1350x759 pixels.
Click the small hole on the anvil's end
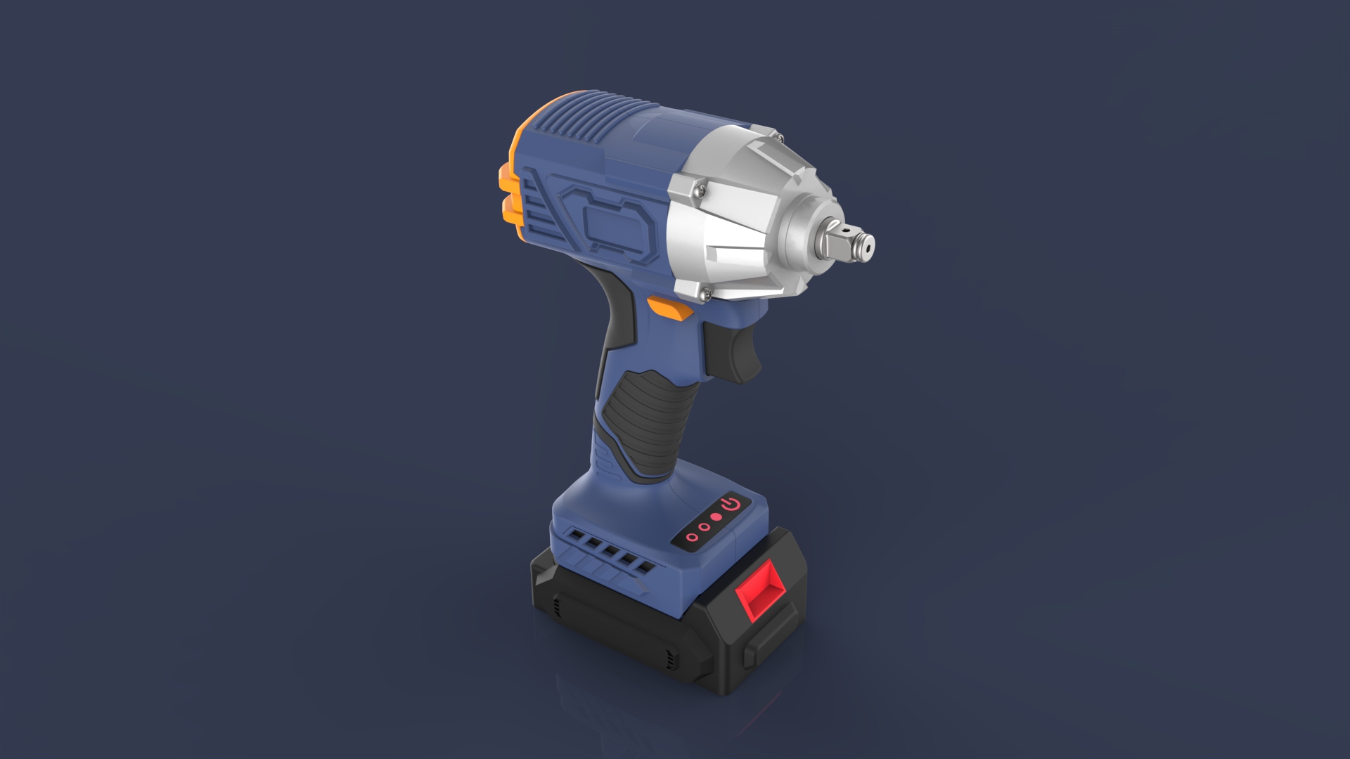[x=867, y=247]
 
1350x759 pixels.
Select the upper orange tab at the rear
[x=506, y=179]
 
